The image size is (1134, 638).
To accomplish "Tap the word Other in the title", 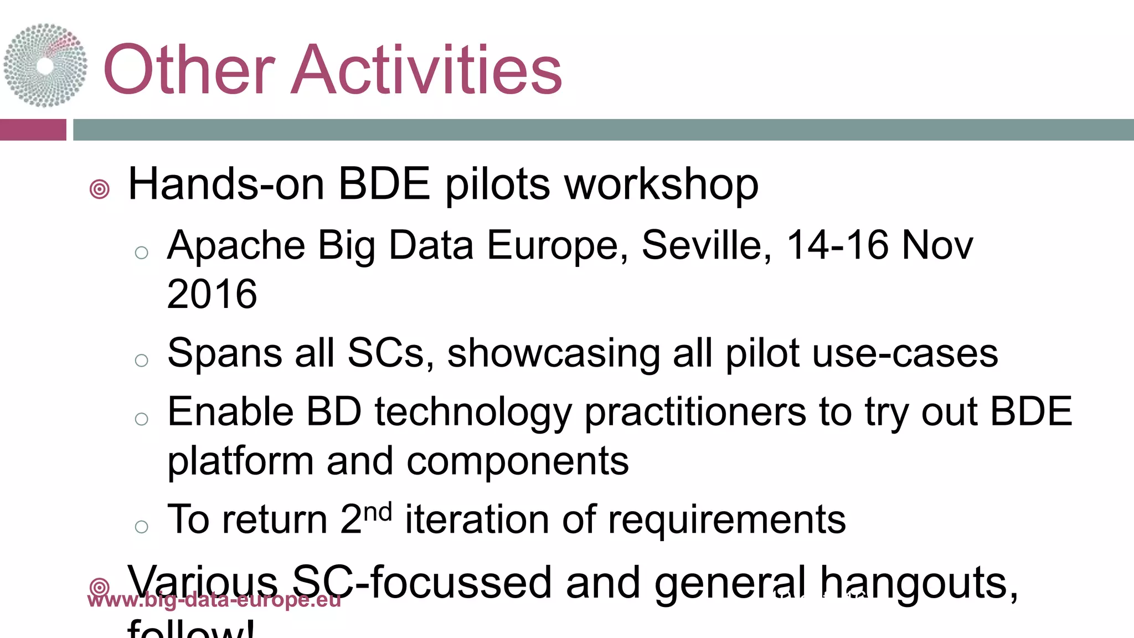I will tap(189, 70).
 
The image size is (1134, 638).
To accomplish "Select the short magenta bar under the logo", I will tap(33, 130).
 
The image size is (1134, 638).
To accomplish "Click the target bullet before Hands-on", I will tap(100, 189).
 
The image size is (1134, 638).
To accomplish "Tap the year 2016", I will tap(212, 294).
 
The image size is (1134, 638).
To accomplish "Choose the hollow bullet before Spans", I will tap(142, 361).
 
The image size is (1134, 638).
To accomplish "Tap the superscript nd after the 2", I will tap(379, 512).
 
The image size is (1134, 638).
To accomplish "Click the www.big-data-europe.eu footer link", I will tap(214, 600).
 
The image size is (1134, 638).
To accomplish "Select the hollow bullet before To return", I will tap(142, 527).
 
